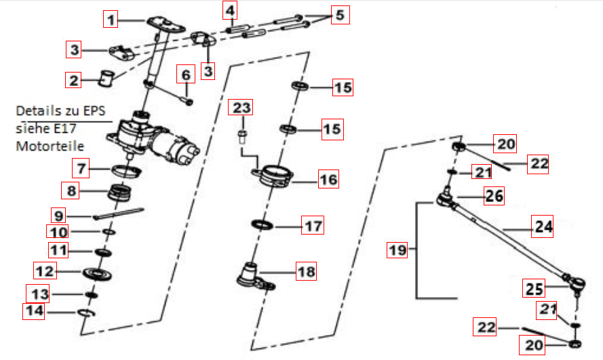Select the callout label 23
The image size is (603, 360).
243,108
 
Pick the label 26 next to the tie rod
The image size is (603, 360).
494,197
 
